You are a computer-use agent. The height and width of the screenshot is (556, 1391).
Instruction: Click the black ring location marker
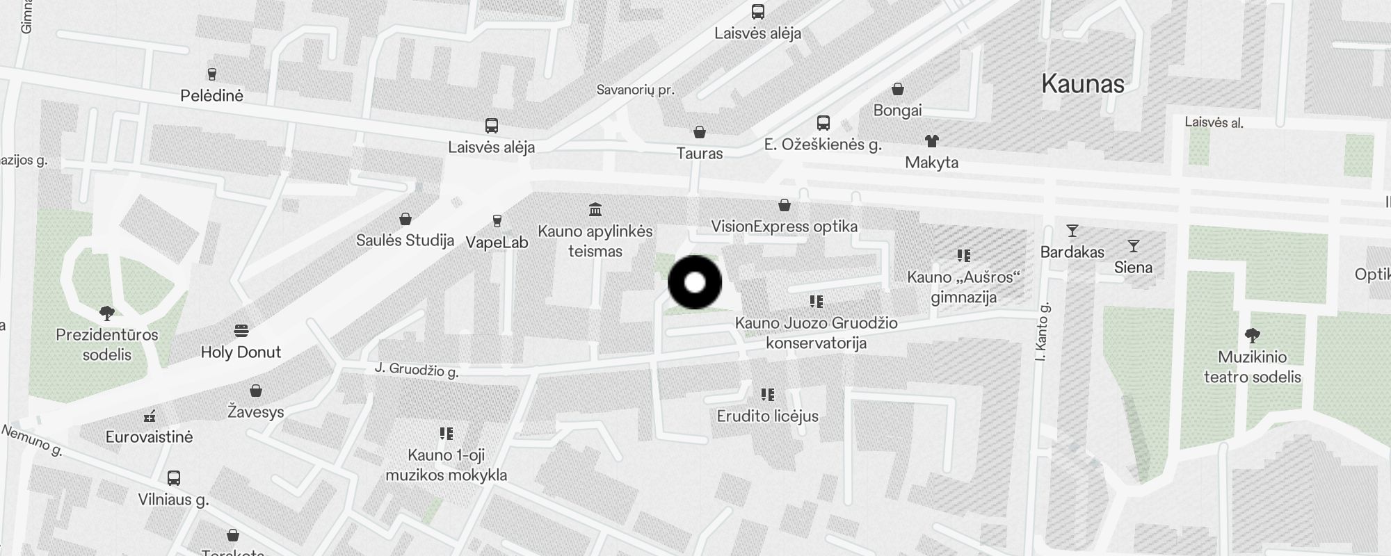point(695,282)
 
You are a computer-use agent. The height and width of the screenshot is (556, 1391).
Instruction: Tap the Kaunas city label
point(1083,84)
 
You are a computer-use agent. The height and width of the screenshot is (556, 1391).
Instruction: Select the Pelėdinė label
point(211,96)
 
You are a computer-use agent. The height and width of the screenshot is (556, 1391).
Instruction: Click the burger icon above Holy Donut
point(241,330)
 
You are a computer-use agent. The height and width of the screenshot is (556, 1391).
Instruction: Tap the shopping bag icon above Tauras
point(700,132)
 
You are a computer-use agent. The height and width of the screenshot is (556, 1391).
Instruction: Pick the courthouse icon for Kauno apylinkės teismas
point(595,209)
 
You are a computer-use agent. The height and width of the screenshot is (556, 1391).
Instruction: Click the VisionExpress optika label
point(784,227)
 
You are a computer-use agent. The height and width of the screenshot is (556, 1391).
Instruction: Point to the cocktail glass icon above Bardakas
point(1072,231)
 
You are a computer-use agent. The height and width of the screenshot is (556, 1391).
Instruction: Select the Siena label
point(1133,268)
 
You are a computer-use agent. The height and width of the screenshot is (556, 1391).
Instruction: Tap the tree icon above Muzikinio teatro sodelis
point(1252,336)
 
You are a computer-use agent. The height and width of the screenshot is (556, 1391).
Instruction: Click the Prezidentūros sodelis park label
point(107,345)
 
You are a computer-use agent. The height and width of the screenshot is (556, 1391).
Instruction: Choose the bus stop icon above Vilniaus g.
point(174,478)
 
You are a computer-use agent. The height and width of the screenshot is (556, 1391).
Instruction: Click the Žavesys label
point(256,412)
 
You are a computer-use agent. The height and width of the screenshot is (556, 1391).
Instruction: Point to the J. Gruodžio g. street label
point(417,370)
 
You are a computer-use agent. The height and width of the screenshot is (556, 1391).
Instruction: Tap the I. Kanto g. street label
point(1041,332)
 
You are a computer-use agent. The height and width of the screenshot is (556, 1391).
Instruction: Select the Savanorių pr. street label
point(636,90)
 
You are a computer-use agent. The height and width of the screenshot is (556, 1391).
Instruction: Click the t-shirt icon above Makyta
point(932,141)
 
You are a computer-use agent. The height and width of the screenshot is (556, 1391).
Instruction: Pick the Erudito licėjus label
point(767,416)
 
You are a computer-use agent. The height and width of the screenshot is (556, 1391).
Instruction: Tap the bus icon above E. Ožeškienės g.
point(823,123)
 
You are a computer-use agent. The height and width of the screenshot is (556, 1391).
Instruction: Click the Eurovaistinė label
point(149,437)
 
